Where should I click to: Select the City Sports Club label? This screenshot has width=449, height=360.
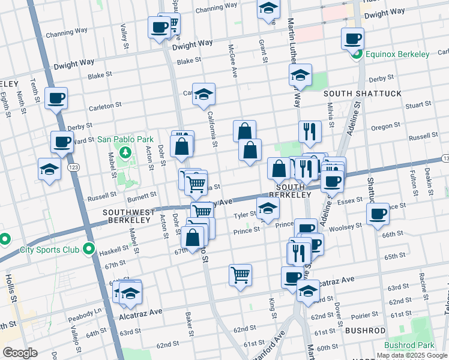(50, 250)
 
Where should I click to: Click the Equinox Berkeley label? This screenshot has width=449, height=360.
(397, 54)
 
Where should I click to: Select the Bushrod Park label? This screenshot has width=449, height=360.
(409, 346)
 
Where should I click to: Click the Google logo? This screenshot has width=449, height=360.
(20, 353)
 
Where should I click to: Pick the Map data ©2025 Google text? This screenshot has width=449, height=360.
(411, 355)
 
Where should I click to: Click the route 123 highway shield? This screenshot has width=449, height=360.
(74, 166)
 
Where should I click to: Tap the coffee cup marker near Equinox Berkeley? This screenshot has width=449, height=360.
(352, 40)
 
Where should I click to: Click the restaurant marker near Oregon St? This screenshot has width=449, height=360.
(310, 132)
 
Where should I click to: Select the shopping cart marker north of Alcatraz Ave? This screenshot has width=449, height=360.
(240, 275)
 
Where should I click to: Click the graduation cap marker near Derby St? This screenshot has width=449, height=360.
(300, 76)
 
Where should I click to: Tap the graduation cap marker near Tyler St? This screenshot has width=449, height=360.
(268, 209)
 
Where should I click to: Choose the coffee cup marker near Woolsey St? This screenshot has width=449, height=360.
(378, 215)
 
